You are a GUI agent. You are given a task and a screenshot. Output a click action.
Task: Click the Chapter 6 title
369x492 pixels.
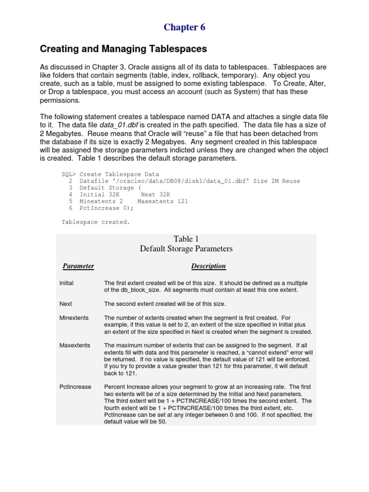pyautogui.click(x=184, y=27)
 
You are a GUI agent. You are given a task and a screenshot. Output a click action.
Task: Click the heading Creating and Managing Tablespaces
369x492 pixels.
pyautogui.click(x=123, y=49)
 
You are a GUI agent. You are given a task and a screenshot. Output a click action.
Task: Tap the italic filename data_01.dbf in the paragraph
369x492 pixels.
pyautogui.click(x=118, y=125)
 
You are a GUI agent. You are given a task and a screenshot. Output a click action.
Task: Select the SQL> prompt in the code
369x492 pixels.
pyautogui.click(x=69, y=174)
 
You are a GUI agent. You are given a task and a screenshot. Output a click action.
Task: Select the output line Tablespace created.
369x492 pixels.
pyautogui.click(x=96, y=222)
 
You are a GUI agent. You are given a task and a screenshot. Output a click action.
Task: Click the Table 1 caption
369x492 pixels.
pyautogui.click(x=186, y=239)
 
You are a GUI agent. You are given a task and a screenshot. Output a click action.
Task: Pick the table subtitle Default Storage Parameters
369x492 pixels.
pyautogui.click(x=186, y=249)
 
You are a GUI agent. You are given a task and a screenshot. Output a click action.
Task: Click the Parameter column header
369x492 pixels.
pyautogui.click(x=78, y=266)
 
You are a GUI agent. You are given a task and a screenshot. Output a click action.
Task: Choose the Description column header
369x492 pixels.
pyautogui.click(x=209, y=266)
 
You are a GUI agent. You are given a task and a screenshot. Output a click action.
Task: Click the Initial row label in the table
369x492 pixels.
pyautogui.click(x=66, y=283)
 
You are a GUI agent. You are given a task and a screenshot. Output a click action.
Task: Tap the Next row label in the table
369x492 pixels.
pyautogui.click(x=65, y=304)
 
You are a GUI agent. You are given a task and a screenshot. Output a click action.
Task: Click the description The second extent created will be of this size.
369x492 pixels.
pyautogui.click(x=165, y=304)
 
